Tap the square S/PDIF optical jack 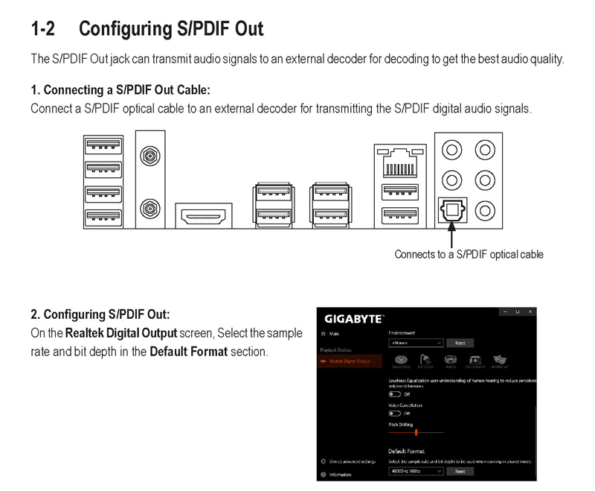pyautogui.click(x=451, y=212)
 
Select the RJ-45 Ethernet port pyautogui.click(x=401, y=160)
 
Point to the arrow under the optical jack pyautogui.click(x=451, y=238)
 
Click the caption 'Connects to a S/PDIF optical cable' pyautogui.click(x=469, y=255)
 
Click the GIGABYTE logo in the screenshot pyautogui.click(x=353, y=319)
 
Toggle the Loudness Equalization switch pyautogui.click(x=394, y=394)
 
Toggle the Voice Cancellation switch pyautogui.click(x=394, y=413)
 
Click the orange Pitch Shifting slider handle pyautogui.click(x=416, y=431)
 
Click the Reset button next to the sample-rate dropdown pyautogui.click(x=460, y=471)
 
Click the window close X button pyautogui.click(x=529, y=311)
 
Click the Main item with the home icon pyautogui.click(x=332, y=334)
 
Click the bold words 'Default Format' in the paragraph pyautogui.click(x=188, y=351)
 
